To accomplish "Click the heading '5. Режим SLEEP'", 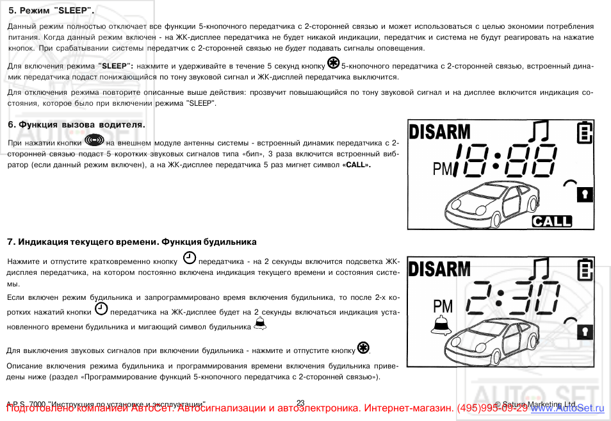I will click(51, 11).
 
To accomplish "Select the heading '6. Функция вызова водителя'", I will click(76, 124).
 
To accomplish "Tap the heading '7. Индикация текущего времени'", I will click(131, 242).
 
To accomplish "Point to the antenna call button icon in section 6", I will click(94, 140).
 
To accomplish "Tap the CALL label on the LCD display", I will click(551, 221).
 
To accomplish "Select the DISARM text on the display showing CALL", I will click(439, 133).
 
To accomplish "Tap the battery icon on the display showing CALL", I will click(584, 133).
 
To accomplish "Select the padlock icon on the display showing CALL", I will click(584, 194).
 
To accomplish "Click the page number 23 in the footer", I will click(300, 402).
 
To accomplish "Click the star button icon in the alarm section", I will click(363, 348).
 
